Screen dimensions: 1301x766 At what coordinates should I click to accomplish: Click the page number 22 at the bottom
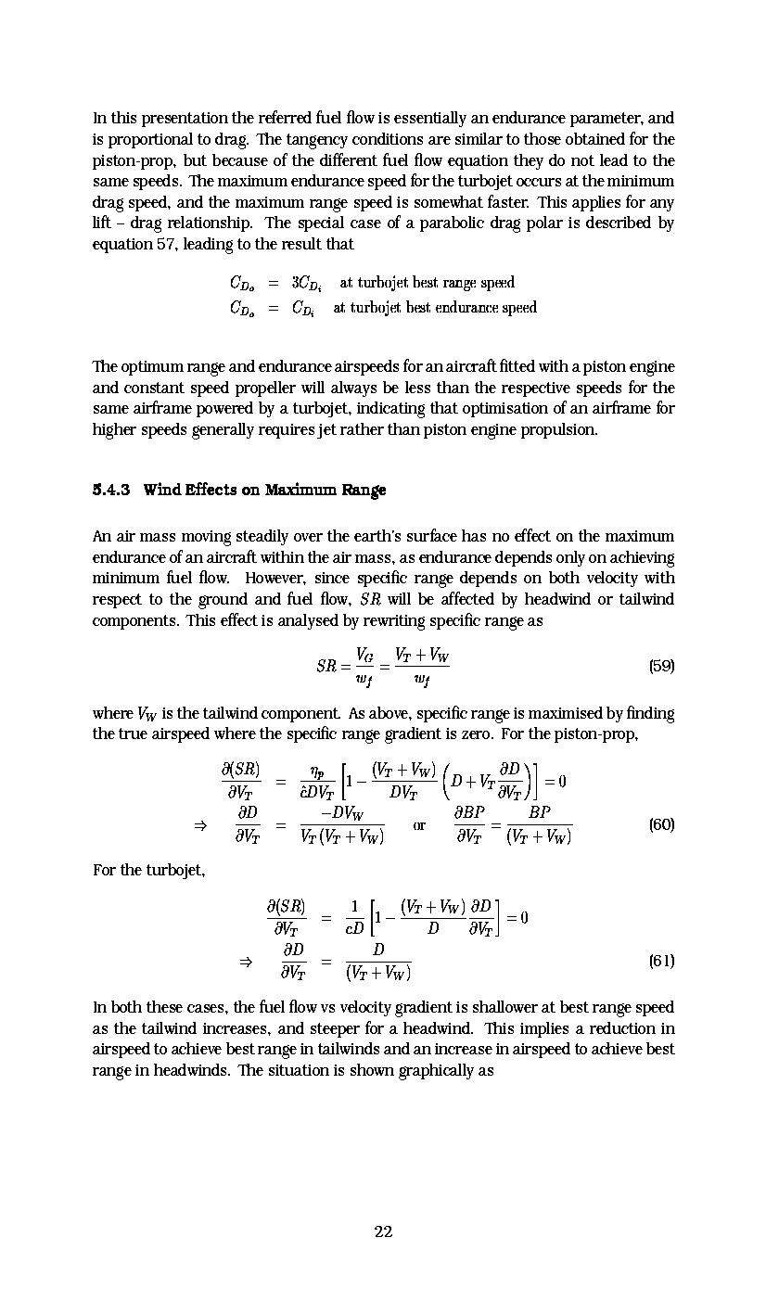pyautogui.click(x=383, y=1231)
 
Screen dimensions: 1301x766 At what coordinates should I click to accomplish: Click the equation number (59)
pyautogui.click(x=661, y=666)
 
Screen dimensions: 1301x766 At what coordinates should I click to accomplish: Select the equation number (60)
pyautogui.click(x=661, y=823)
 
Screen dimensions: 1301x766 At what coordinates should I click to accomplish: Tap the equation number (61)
pyautogui.click(x=661, y=961)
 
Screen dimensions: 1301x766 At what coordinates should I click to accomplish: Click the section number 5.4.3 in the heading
pyautogui.click(x=111, y=490)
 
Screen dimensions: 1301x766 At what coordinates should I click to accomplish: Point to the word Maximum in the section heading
pyautogui.click(x=290, y=490)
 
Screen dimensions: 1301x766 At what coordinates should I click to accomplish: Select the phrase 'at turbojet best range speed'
pyautogui.click(x=427, y=283)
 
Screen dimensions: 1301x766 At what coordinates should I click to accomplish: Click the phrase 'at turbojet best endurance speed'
pyautogui.click(x=434, y=307)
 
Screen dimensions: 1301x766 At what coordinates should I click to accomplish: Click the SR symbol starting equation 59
pyautogui.click(x=326, y=666)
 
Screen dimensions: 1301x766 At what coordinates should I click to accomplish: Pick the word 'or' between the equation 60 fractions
pyautogui.click(x=419, y=824)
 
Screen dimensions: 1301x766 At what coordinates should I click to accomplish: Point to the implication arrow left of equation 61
pyautogui.click(x=246, y=962)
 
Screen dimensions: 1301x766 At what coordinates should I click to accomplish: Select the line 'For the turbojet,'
pyautogui.click(x=148, y=872)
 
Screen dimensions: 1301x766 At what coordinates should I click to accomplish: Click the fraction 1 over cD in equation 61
pyautogui.click(x=354, y=918)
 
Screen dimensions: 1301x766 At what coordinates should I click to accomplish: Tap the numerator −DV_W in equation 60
pyautogui.click(x=341, y=812)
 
